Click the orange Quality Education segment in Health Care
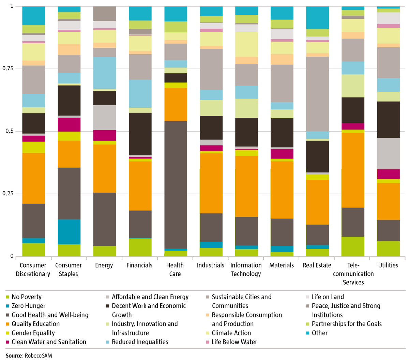pos(176,104)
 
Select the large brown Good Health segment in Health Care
pos(176,185)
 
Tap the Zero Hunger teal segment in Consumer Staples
pos(69,232)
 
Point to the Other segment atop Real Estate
pos(317,18)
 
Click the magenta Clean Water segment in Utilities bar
pos(388,174)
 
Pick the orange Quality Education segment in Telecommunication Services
pos(353,170)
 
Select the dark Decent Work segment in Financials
pos(140,134)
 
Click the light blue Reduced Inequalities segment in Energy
pos(105,73)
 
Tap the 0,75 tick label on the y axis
pos(8,69)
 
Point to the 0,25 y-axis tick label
pos(8,194)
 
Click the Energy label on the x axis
pos(104,265)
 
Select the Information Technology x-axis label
pos(246,269)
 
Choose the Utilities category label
pos(388,265)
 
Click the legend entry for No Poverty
pos(24,297)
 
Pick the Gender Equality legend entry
pos(30,333)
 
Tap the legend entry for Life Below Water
pos(231,342)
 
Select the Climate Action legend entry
pos(228,333)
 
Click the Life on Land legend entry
pos(325,297)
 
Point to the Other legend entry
pos(317,333)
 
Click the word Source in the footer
pos(14,356)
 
